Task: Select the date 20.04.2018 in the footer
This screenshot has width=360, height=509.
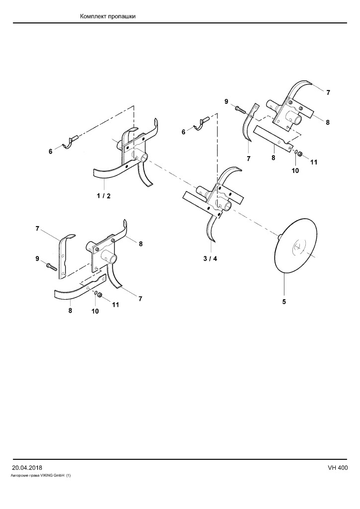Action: (x=27, y=468)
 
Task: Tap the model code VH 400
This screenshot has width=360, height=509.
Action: (x=338, y=468)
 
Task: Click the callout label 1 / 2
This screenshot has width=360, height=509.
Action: (x=104, y=196)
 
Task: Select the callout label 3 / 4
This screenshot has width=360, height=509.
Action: (x=210, y=258)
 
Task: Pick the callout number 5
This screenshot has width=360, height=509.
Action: (x=284, y=302)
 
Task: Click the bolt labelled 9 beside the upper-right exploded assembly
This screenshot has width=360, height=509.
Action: (x=241, y=110)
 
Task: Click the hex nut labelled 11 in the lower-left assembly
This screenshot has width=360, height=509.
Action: (x=100, y=295)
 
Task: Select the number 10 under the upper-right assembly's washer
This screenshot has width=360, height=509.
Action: (x=295, y=170)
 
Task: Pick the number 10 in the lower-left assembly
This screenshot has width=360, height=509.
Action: (x=95, y=311)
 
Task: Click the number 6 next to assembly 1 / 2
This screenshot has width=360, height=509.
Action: (x=51, y=151)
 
